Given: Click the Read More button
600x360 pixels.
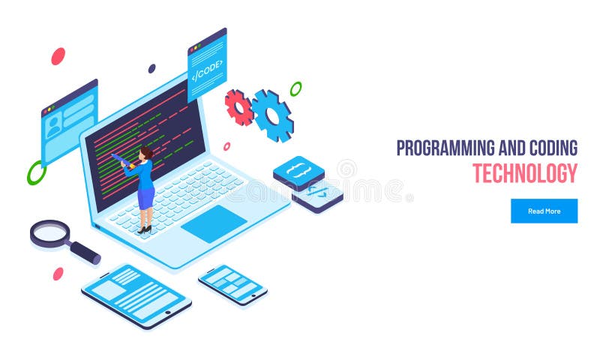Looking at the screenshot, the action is coord(544,211).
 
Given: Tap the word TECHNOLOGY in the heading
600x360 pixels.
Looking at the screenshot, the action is coord(525,173).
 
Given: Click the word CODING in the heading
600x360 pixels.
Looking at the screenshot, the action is coord(553,148).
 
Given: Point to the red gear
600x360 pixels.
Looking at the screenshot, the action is coord(239,107).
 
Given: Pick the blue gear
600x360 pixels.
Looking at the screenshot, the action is coord(273,115).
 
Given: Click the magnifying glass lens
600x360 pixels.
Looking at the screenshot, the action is coord(50,232).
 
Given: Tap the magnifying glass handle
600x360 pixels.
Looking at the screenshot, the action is coord(85,253).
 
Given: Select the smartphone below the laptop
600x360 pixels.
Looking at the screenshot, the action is coord(232,285).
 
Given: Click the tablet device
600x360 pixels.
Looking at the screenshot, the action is coord(136,295).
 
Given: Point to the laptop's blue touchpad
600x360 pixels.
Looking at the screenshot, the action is coord(214,223).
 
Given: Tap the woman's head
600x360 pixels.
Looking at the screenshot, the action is coord(146,153).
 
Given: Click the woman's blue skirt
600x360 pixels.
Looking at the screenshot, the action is coord(145,198).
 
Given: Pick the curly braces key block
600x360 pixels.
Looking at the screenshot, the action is coord(298,172).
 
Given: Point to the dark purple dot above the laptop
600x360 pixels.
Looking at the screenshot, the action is coord(152,68).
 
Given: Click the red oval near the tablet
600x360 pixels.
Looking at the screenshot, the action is coord(58,274).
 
